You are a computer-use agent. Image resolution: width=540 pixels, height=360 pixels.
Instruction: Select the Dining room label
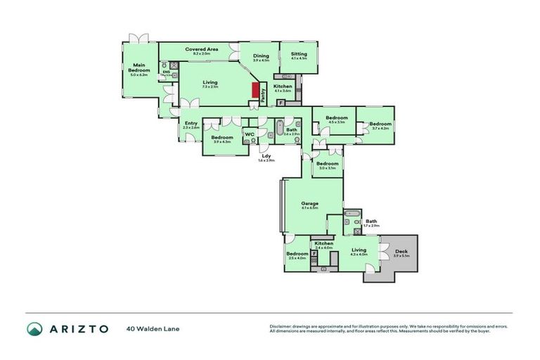(x=261, y=56)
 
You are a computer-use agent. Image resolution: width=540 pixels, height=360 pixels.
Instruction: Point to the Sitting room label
(x=299, y=53)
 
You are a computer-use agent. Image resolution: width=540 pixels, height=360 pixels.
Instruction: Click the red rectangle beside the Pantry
(x=256, y=91)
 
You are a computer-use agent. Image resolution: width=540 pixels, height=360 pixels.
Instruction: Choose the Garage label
(x=310, y=202)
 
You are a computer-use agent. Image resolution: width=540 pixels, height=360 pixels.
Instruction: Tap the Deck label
(x=401, y=251)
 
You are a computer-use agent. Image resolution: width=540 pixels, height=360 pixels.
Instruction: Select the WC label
(x=249, y=134)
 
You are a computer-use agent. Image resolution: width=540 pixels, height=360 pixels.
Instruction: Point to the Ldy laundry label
(x=266, y=156)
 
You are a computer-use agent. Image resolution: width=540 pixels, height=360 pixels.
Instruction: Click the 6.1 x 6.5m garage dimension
(x=310, y=208)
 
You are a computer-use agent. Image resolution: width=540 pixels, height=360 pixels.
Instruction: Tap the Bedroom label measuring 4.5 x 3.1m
(x=336, y=117)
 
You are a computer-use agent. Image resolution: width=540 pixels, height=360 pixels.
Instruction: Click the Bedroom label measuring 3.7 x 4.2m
(x=380, y=123)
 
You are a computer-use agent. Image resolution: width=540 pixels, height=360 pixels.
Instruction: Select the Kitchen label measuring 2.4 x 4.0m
(x=323, y=243)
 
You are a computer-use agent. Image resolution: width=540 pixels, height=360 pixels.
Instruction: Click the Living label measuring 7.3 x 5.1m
(x=210, y=82)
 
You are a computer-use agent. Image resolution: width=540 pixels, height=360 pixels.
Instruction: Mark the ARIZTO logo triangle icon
(x=34, y=328)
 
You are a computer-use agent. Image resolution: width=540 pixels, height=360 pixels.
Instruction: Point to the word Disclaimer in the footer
(x=282, y=326)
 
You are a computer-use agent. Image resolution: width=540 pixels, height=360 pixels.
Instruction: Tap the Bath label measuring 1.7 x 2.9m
(x=371, y=221)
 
